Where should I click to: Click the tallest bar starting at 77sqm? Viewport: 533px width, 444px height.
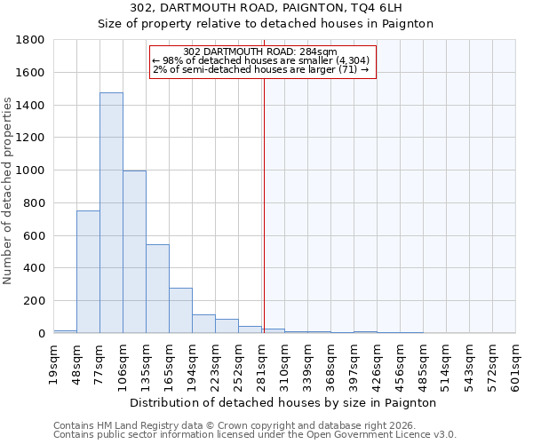pos(111,213)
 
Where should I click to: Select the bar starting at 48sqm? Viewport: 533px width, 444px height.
pos(88,272)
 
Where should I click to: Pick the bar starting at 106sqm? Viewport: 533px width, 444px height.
pos(134,252)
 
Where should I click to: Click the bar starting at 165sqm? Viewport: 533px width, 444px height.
pos(180,311)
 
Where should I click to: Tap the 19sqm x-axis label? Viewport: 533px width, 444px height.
pos(53,361)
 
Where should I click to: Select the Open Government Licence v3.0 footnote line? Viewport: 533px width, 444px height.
pos(254,435)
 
